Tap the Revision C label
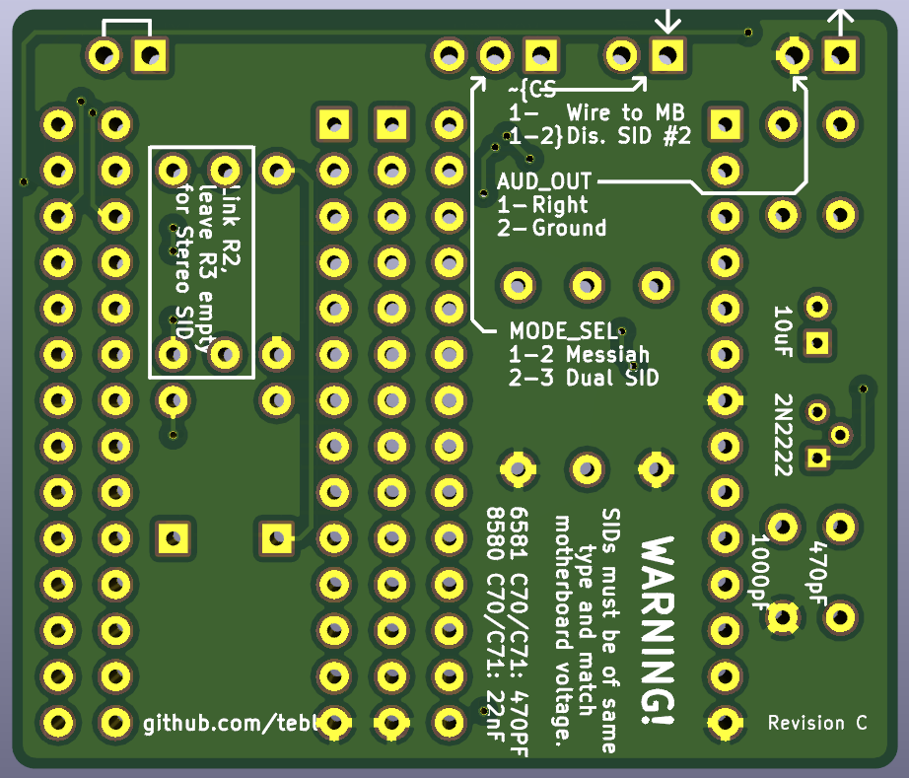pyautogui.click(x=817, y=723)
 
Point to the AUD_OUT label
pyautogui.click(x=544, y=181)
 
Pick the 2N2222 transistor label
pyautogui.click(x=784, y=434)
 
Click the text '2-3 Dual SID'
pyautogui.click(x=584, y=378)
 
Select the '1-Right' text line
pyautogui.click(x=543, y=205)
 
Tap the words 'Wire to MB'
pyautogui.click(x=625, y=112)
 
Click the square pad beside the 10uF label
pyautogui.click(x=816, y=343)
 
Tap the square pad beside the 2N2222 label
pyautogui.click(x=816, y=458)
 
